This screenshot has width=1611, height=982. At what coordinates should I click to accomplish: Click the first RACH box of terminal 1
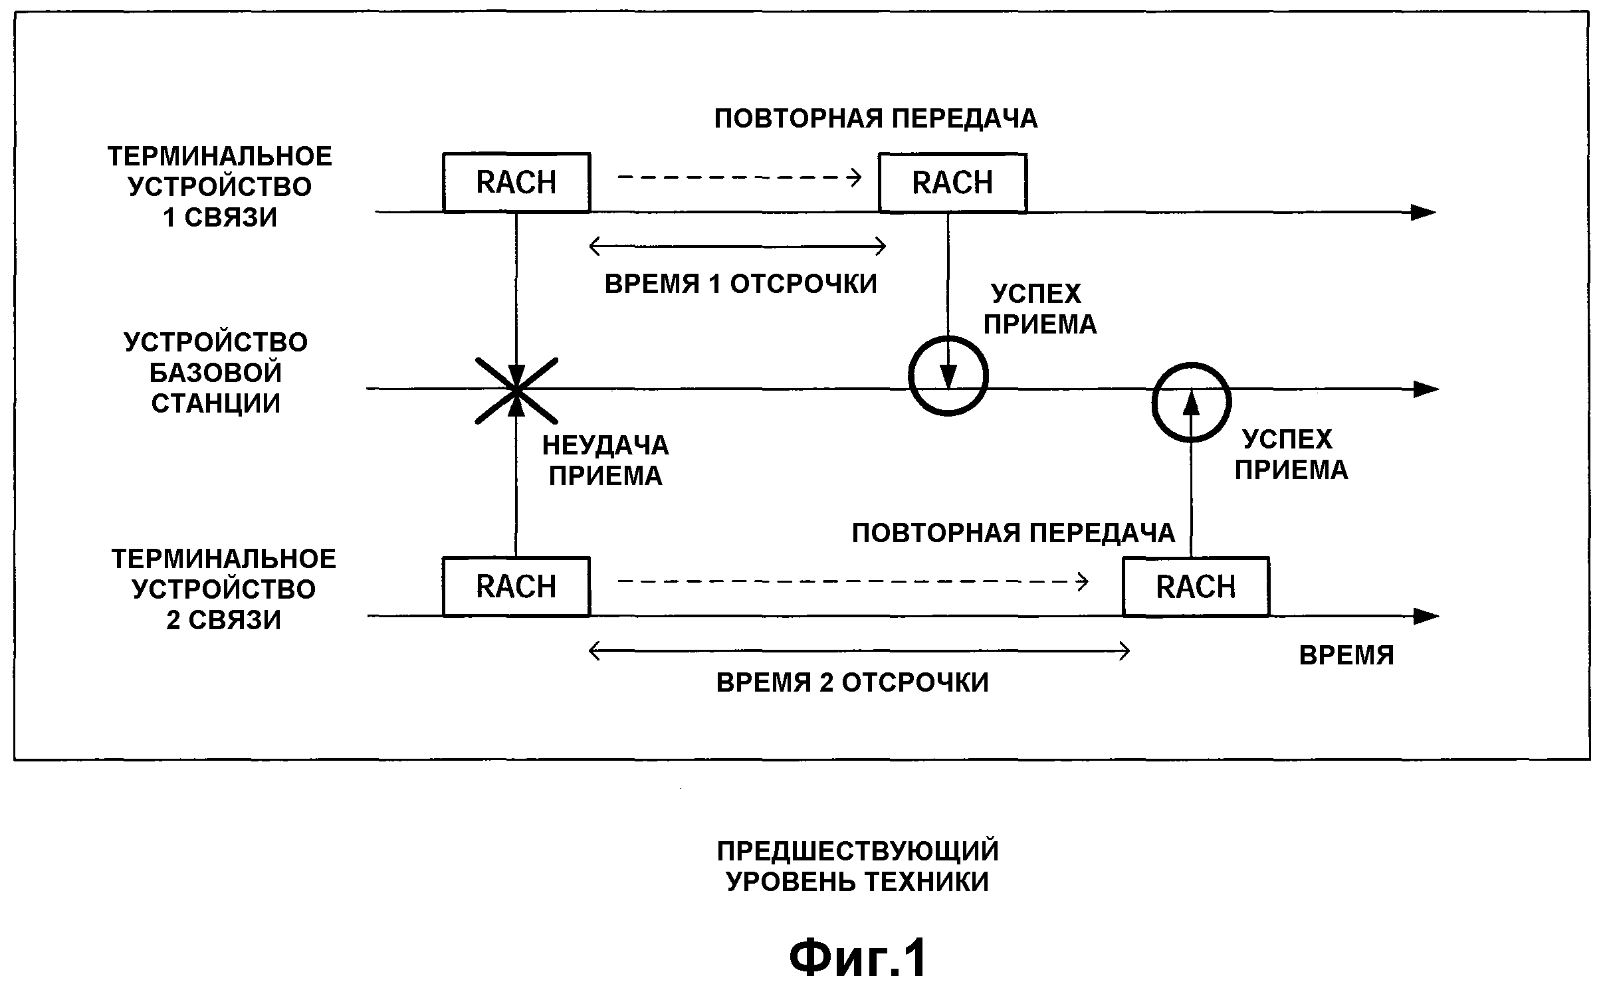516,183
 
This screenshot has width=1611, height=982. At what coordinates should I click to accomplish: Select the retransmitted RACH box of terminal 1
952,183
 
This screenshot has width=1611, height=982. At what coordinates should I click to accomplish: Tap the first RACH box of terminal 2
516,587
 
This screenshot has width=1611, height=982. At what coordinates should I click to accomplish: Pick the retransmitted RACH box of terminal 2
1196,587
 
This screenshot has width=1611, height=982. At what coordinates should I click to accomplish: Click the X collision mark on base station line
516,390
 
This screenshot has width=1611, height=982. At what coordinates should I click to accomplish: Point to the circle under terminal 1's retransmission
948,376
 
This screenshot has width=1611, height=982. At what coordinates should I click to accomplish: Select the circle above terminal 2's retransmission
1191,402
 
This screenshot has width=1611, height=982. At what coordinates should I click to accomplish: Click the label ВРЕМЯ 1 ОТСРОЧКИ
740,284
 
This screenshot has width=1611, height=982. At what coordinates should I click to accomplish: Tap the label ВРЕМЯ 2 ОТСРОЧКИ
852,683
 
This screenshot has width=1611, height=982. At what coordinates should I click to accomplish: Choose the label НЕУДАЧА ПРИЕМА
605,460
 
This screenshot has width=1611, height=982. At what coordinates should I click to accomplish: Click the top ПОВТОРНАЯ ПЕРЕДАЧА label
875,119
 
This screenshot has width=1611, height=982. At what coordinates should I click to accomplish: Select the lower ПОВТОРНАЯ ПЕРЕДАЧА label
1014,534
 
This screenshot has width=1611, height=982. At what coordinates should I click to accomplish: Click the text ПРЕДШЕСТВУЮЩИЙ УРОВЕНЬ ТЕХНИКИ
857,866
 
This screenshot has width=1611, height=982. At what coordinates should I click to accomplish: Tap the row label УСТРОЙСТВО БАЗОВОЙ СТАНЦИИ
216,373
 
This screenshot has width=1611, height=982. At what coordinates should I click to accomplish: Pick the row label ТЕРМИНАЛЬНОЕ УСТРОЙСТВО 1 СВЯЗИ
220,187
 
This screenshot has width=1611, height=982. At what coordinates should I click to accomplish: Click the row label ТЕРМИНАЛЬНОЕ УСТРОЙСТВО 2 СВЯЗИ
224,589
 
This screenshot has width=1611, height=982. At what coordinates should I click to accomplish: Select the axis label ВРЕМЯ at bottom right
1346,656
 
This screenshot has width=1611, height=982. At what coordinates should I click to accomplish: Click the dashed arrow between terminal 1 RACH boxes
739,177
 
